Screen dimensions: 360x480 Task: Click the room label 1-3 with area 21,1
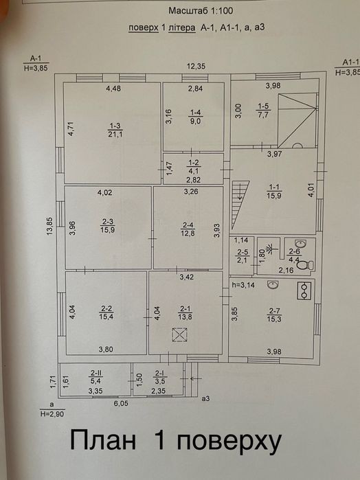coord(115,130)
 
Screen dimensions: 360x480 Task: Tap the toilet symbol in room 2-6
coord(305,264)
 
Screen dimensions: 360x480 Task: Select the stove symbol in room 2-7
coord(304,290)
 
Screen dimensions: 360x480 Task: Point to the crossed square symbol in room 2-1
coord(179,334)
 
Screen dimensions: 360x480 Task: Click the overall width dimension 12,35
coord(196,66)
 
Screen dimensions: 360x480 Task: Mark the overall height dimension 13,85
coord(49,226)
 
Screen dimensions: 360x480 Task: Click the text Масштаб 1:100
coord(201,11)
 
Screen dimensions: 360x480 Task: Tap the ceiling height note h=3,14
coord(244,285)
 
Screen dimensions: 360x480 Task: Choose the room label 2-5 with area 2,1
coord(243,256)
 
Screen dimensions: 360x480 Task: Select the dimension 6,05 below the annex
coord(121,404)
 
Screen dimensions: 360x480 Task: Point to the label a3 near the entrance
coord(205,398)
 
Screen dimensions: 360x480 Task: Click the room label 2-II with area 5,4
coord(96,377)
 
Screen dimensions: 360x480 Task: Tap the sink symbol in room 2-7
coord(273,285)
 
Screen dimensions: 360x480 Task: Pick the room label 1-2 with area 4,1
coord(193,167)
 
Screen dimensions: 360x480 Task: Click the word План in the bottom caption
coord(103,440)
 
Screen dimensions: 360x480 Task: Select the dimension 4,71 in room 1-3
coord(71,128)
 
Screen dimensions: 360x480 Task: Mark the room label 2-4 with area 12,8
coord(188,229)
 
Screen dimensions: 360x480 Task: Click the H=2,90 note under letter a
coord(52,414)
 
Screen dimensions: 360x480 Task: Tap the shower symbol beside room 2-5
coord(269,249)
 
